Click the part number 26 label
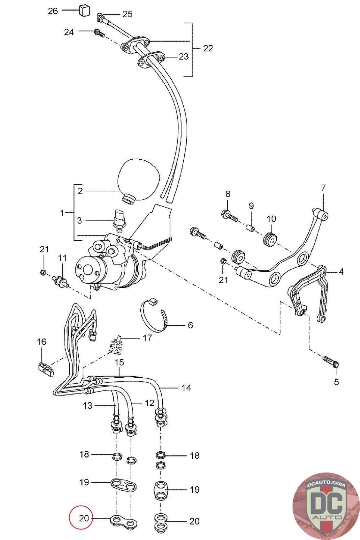click(53, 11)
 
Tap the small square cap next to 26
click(84, 10)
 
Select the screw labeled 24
click(99, 33)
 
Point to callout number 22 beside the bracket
click(208, 49)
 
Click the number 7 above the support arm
click(323, 188)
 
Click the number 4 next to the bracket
click(341, 272)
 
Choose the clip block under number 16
click(46, 368)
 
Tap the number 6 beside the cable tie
click(190, 325)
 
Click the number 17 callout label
click(147, 338)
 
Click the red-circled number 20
click(84, 518)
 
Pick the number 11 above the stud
click(62, 258)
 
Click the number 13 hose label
click(87, 405)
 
